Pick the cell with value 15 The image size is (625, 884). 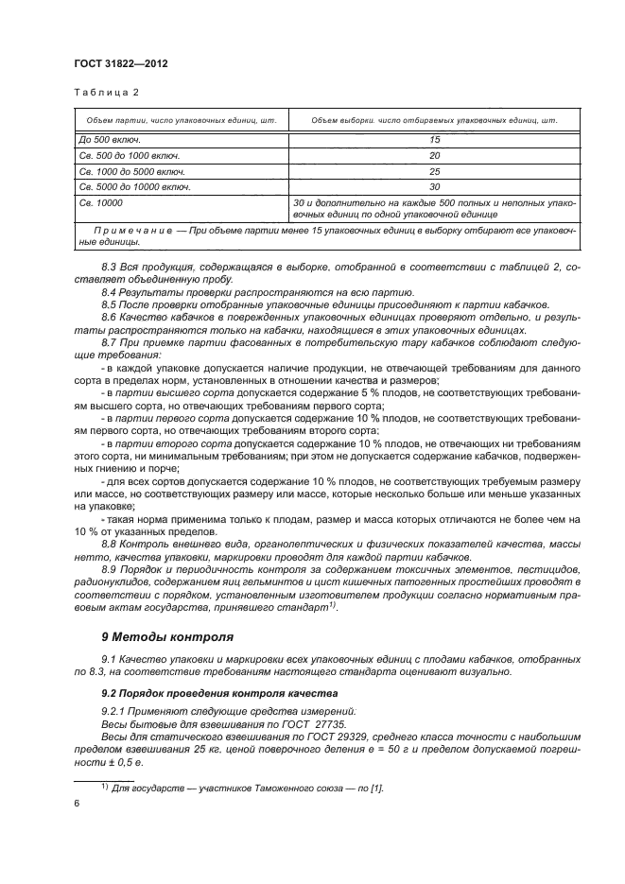click(x=435, y=139)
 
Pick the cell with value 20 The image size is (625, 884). click(x=435, y=155)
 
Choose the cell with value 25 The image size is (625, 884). click(x=435, y=171)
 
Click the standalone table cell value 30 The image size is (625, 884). click(x=435, y=187)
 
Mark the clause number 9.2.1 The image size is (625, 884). click(x=114, y=709)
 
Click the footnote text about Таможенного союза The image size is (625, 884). click(x=247, y=787)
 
